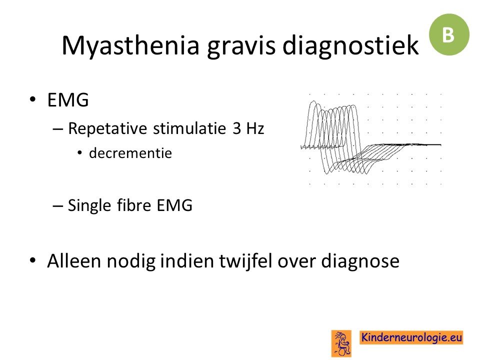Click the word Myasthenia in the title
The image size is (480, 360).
[130, 46]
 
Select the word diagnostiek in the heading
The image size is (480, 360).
[350, 46]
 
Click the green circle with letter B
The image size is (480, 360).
[449, 34]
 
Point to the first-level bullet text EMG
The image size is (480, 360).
[68, 100]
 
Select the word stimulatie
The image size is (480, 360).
[189, 128]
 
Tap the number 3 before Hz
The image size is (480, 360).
[237, 128]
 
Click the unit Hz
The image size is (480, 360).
[254, 128]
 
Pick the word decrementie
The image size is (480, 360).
[130, 153]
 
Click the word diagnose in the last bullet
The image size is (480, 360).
[360, 261]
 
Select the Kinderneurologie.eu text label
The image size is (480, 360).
[411, 337]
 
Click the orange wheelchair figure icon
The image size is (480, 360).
[341, 343]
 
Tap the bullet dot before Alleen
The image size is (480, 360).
[33, 260]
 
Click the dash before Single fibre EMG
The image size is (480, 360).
[57, 206]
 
